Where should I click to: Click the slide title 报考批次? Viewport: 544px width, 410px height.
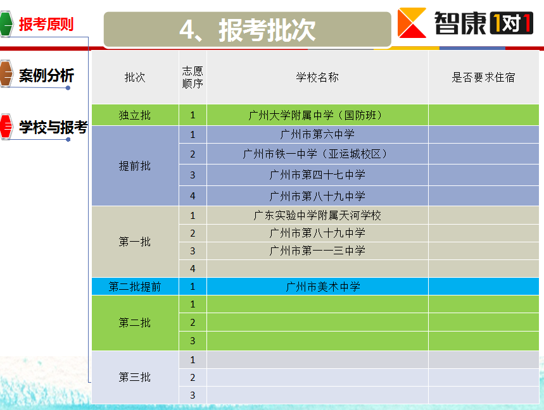(x=267, y=30)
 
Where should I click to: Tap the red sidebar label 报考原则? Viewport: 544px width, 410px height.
(x=46, y=24)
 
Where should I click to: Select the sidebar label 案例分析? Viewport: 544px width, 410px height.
(x=46, y=75)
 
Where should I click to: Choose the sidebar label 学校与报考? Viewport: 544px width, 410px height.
(x=53, y=127)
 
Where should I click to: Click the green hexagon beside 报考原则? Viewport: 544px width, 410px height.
(x=6, y=24)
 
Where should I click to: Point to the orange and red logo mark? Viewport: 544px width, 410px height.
(x=412, y=23)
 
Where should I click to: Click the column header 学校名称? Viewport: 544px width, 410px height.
(x=317, y=77)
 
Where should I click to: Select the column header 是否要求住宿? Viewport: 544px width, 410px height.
(x=483, y=77)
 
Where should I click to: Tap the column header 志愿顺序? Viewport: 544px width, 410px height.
(x=193, y=77)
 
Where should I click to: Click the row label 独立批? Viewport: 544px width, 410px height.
(x=135, y=115)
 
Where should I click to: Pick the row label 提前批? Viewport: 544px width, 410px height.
(x=135, y=166)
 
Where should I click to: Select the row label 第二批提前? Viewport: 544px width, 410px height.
(x=135, y=287)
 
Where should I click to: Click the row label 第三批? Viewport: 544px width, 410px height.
(x=135, y=376)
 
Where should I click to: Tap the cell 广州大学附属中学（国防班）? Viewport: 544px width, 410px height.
(x=317, y=115)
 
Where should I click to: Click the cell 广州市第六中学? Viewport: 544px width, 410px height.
(x=317, y=134)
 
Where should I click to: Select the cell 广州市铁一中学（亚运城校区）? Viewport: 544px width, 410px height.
(x=317, y=154)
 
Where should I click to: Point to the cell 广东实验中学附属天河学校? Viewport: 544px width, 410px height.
(x=317, y=215)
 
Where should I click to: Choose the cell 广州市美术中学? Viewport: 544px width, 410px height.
(x=323, y=287)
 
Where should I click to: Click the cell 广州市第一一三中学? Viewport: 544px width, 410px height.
(x=317, y=251)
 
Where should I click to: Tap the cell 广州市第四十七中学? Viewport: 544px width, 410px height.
(x=317, y=175)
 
